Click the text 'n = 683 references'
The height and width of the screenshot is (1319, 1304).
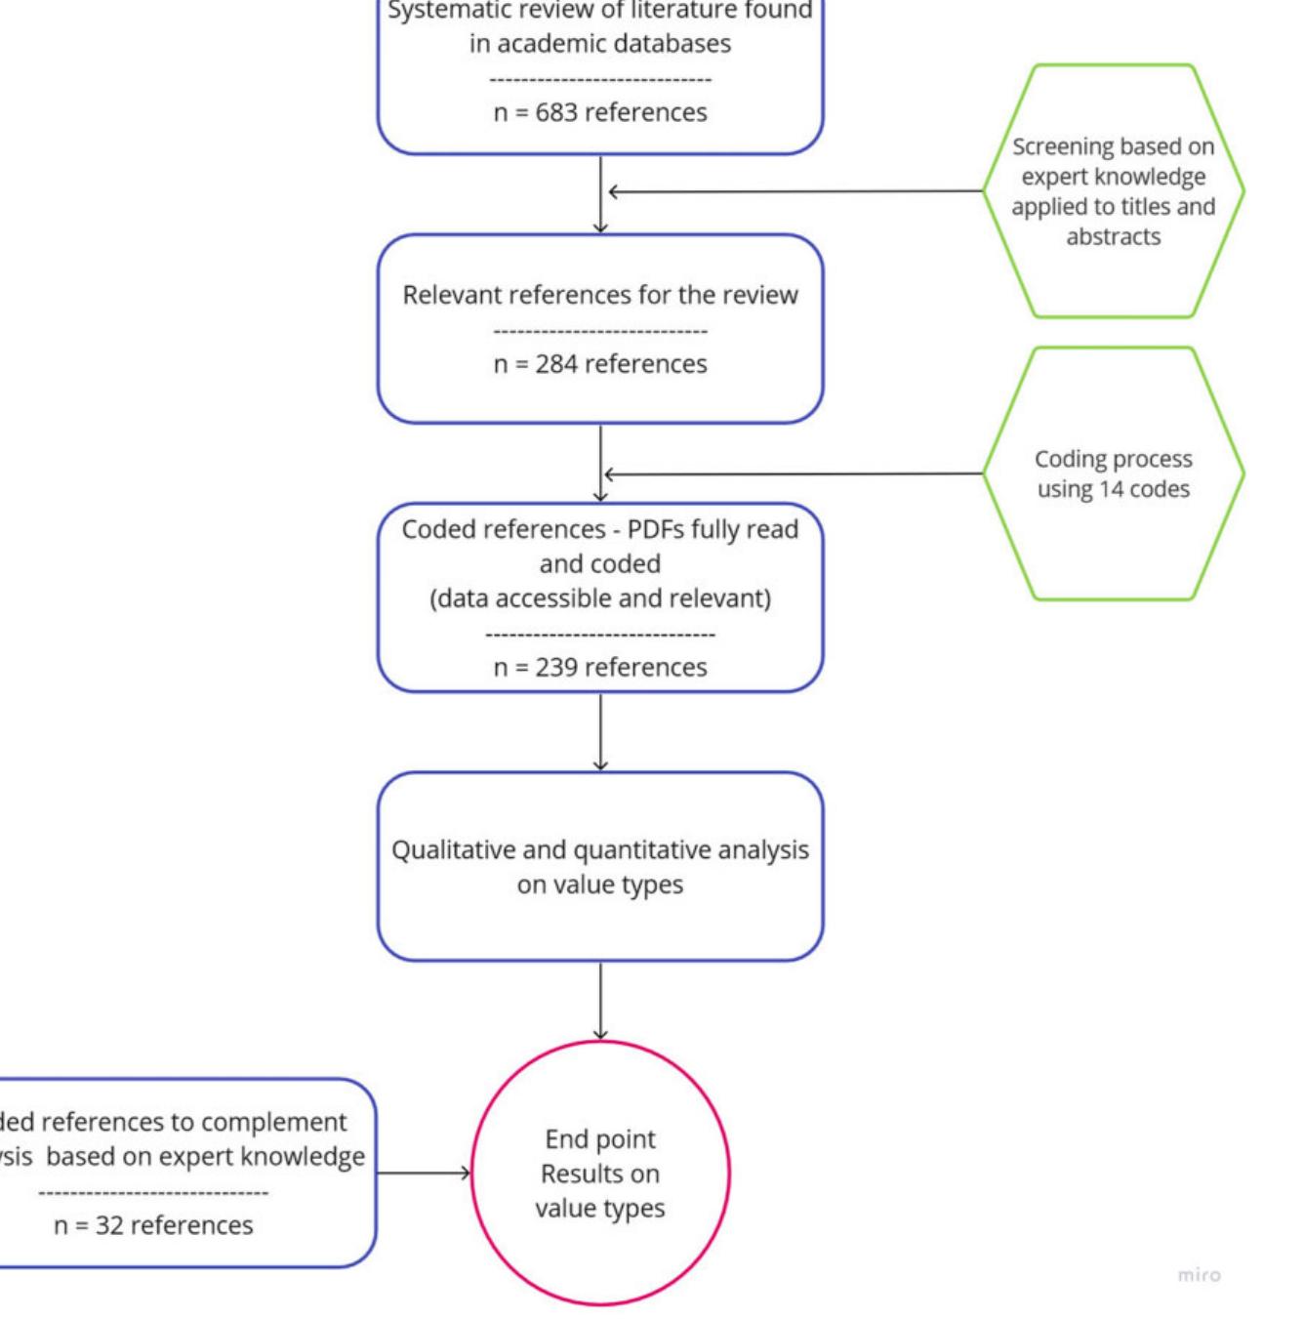[x=599, y=112]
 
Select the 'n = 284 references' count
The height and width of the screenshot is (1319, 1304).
[x=599, y=364]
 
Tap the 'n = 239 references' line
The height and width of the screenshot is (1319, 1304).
[x=599, y=667]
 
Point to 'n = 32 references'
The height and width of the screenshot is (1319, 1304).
[x=153, y=1225]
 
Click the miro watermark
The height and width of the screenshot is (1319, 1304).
[x=1198, y=1274]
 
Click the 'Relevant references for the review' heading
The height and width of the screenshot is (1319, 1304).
[x=599, y=295]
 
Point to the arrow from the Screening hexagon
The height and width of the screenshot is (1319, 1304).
[x=795, y=191]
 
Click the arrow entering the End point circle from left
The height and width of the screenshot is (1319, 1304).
[x=424, y=1173]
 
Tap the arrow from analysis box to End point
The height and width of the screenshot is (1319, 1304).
[x=599, y=1001]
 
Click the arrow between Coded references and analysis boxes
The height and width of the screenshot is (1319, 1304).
[x=599, y=731]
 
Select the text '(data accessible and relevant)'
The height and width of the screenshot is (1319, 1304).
[x=599, y=598]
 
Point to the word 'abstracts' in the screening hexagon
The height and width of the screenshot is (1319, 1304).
[x=1113, y=237]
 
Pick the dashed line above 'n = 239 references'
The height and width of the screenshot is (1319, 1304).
[x=599, y=635]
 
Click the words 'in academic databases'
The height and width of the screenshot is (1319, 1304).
[x=599, y=43]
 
